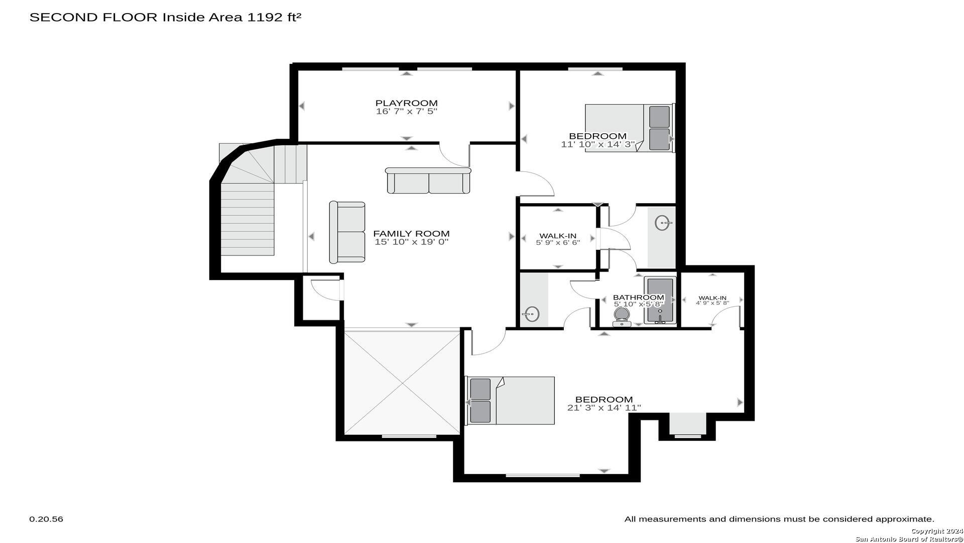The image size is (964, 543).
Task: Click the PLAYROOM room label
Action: pos(407,104)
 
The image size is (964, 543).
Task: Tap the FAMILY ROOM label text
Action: pos(411,234)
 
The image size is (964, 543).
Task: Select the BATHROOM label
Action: pos(639,298)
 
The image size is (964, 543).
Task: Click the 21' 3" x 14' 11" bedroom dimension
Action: pos(604,408)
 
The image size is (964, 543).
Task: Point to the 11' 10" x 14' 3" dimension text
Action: pos(598,144)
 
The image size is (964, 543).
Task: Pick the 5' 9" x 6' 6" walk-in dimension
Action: pos(558,242)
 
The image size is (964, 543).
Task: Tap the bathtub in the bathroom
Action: pos(660,300)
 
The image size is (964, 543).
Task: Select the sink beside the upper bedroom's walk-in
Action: pos(663,223)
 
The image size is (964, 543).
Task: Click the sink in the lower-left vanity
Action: pos(531,315)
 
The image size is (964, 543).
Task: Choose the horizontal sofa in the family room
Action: pos(428,180)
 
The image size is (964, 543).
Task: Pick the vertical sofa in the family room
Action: pos(347,232)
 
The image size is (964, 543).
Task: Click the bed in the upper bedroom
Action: pos(630,128)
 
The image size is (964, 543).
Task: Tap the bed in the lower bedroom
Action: pos(510,401)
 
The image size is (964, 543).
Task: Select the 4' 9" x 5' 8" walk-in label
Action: pos(712,300)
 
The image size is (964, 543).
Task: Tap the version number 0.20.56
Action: pos(46,519)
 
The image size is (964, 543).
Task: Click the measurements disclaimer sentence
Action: pos(779,519)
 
